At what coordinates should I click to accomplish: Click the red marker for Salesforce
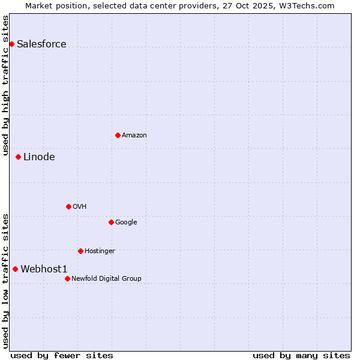click(x=11, y=44)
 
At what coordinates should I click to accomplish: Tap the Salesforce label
click(x=41, y=44)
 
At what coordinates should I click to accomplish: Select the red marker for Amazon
click(x=118, y=135)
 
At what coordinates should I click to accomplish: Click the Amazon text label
click(x=134, y=136)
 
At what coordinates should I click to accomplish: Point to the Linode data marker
click(x=18, y=157)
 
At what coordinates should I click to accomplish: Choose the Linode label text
click(x=39, y=157)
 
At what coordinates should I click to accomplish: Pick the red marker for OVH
click(x=68, y=206)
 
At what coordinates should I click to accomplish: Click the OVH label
click(x=80, y=207)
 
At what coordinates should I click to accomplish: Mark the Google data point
click(x=111, y=222)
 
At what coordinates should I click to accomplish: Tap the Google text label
click(x=126, y=223)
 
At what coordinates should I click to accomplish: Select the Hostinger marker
click(x=80, y=251)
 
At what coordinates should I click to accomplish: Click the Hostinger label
click(x=100, y=251)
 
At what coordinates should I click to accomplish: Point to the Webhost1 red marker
click(x=15, y=269)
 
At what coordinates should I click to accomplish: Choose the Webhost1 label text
click(x=44, y=269)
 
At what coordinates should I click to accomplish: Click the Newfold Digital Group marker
click(x=67, y=278)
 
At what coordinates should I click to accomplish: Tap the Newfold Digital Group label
click(x=106, y=279)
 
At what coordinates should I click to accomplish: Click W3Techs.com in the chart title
click(x=306, y=6)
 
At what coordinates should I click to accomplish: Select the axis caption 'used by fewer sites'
click(x=62, y=355)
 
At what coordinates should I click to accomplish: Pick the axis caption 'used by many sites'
click(x=301, y=355)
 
